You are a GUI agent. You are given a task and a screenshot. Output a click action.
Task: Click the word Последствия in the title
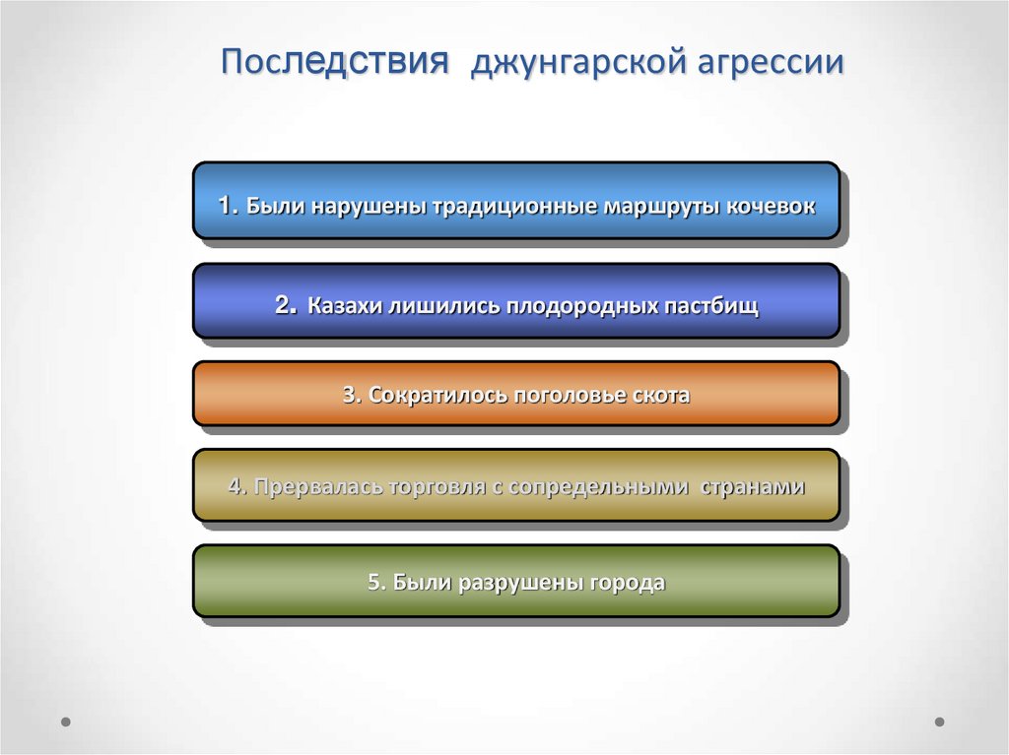pyautogui.click(x=336, y=62)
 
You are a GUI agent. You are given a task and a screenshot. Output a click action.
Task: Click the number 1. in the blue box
pyautogui.click(x=229, y=207)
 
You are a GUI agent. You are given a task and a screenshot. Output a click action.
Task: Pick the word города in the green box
pyautogui.click(x=627, y=583)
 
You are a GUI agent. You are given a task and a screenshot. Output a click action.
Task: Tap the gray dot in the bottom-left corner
pyautogui.click(x=66, y=722)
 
